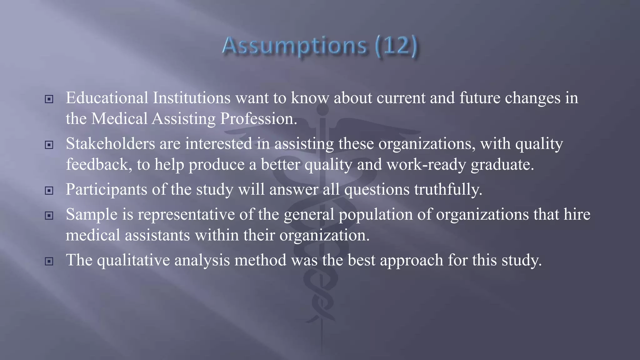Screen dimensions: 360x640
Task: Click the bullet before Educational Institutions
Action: coord(49,99)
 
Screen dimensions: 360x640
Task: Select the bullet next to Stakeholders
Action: coord(49,145)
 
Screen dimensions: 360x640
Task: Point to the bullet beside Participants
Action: coord(49,191)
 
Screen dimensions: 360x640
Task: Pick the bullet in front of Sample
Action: coord(49,216)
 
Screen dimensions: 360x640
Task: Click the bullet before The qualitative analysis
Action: coord(49,261)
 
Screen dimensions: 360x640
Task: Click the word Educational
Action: coord(107,98)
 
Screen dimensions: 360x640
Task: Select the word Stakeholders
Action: coord(110,144)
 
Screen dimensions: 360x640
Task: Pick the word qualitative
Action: coord(133,260)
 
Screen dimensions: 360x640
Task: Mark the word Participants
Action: coord(106,189)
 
